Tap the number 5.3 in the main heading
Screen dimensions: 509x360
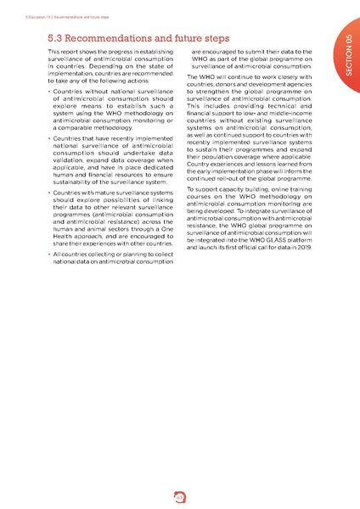pos(59,38)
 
